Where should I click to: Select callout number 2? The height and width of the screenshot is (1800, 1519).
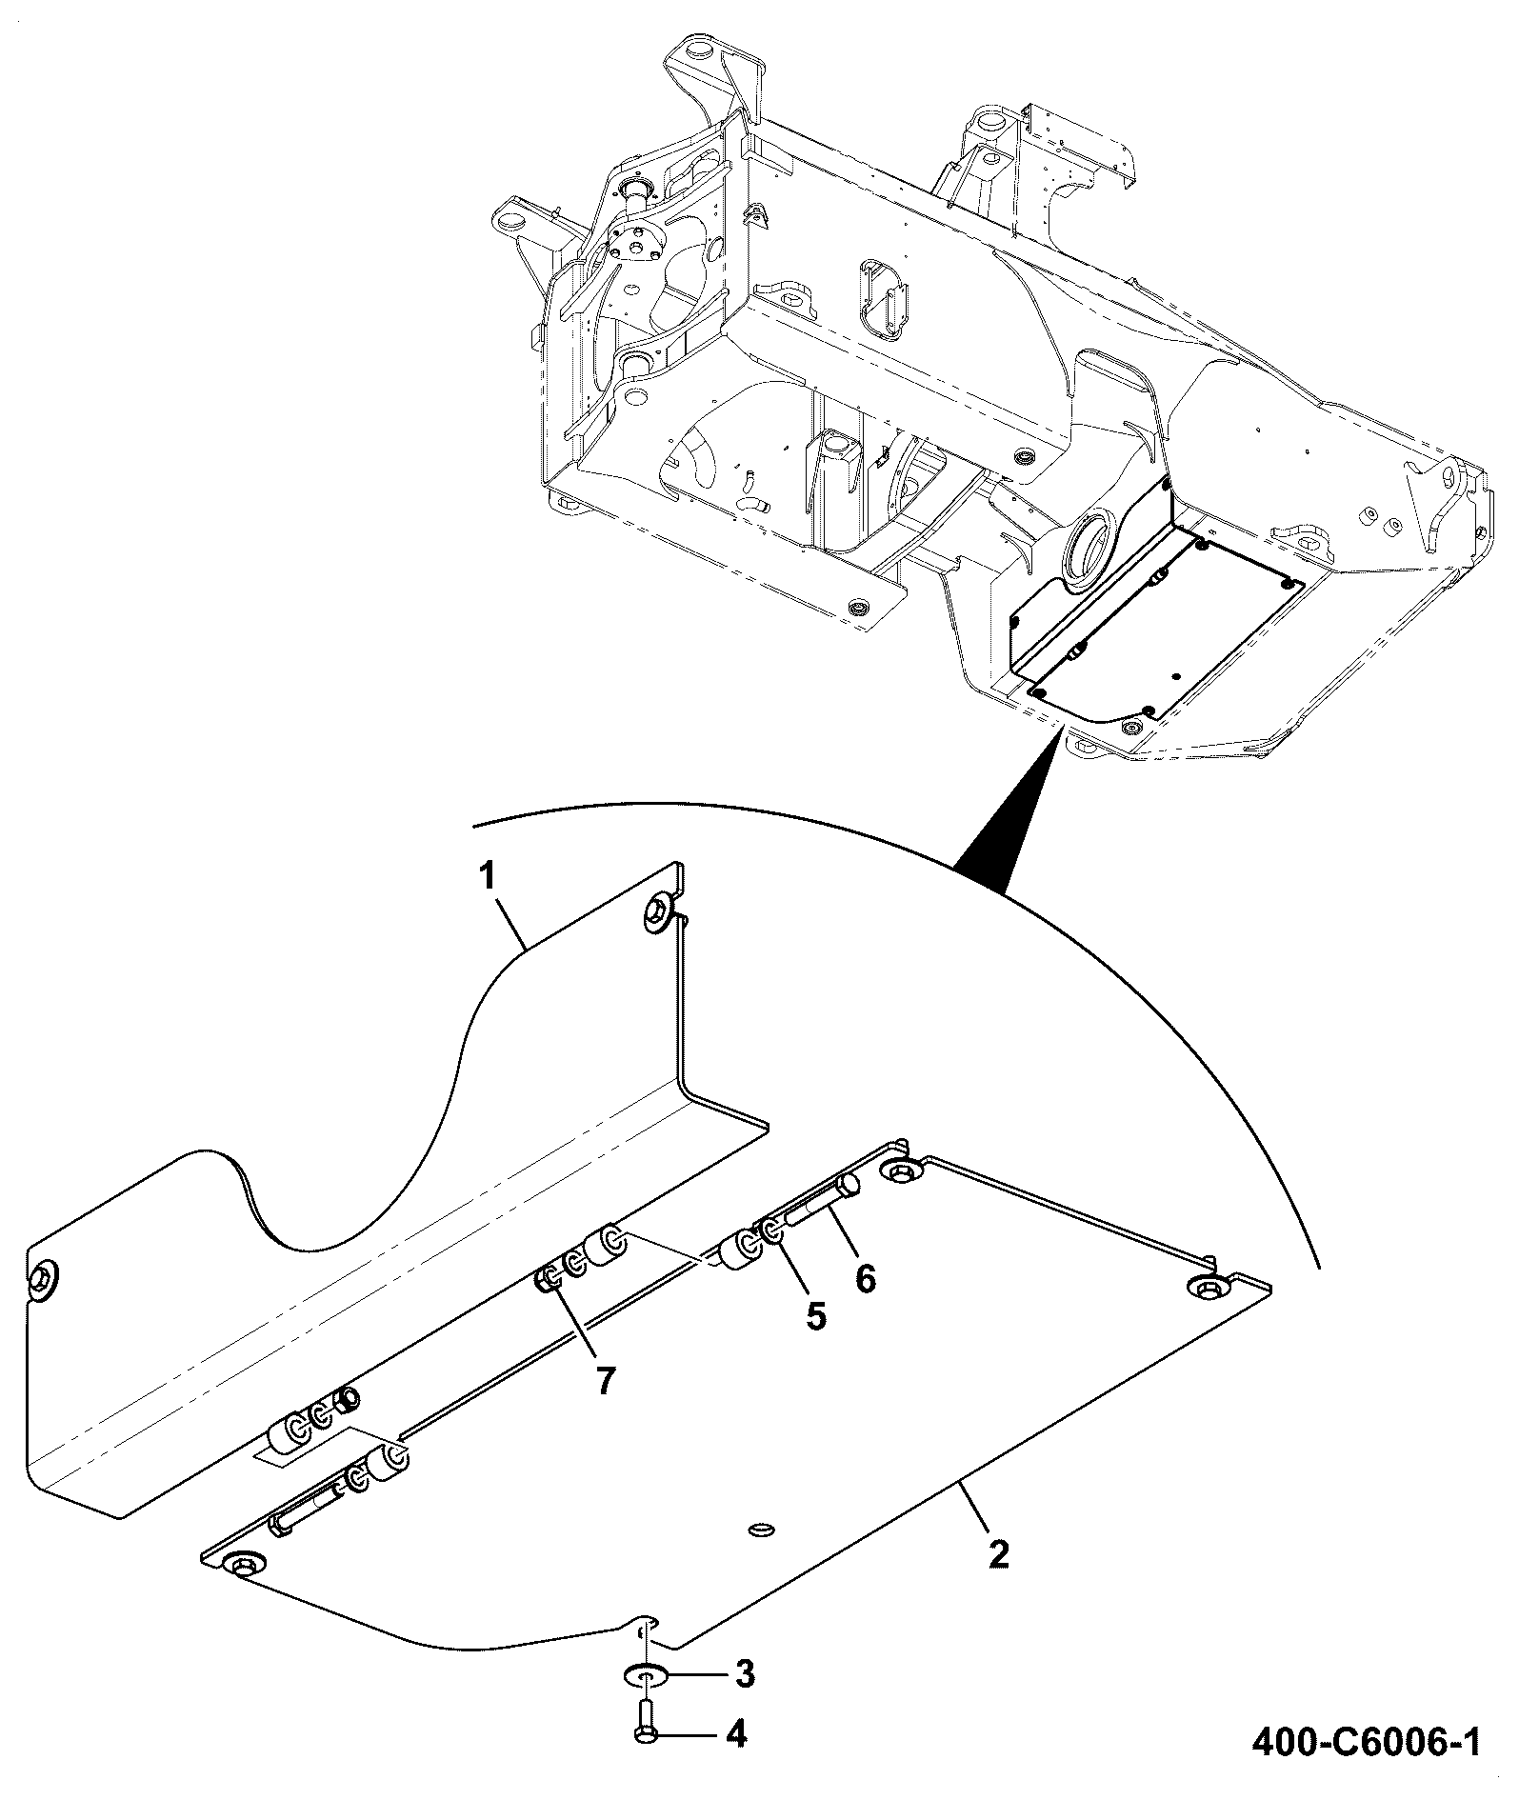pos(998,1554)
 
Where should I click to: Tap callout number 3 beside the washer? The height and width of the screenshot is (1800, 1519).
pos(744,1672)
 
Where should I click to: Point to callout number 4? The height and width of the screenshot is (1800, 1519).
pos(735,1733)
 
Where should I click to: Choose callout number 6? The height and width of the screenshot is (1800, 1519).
pos(865,1277)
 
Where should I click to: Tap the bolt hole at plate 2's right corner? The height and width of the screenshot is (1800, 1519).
pos(1207,1288)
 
